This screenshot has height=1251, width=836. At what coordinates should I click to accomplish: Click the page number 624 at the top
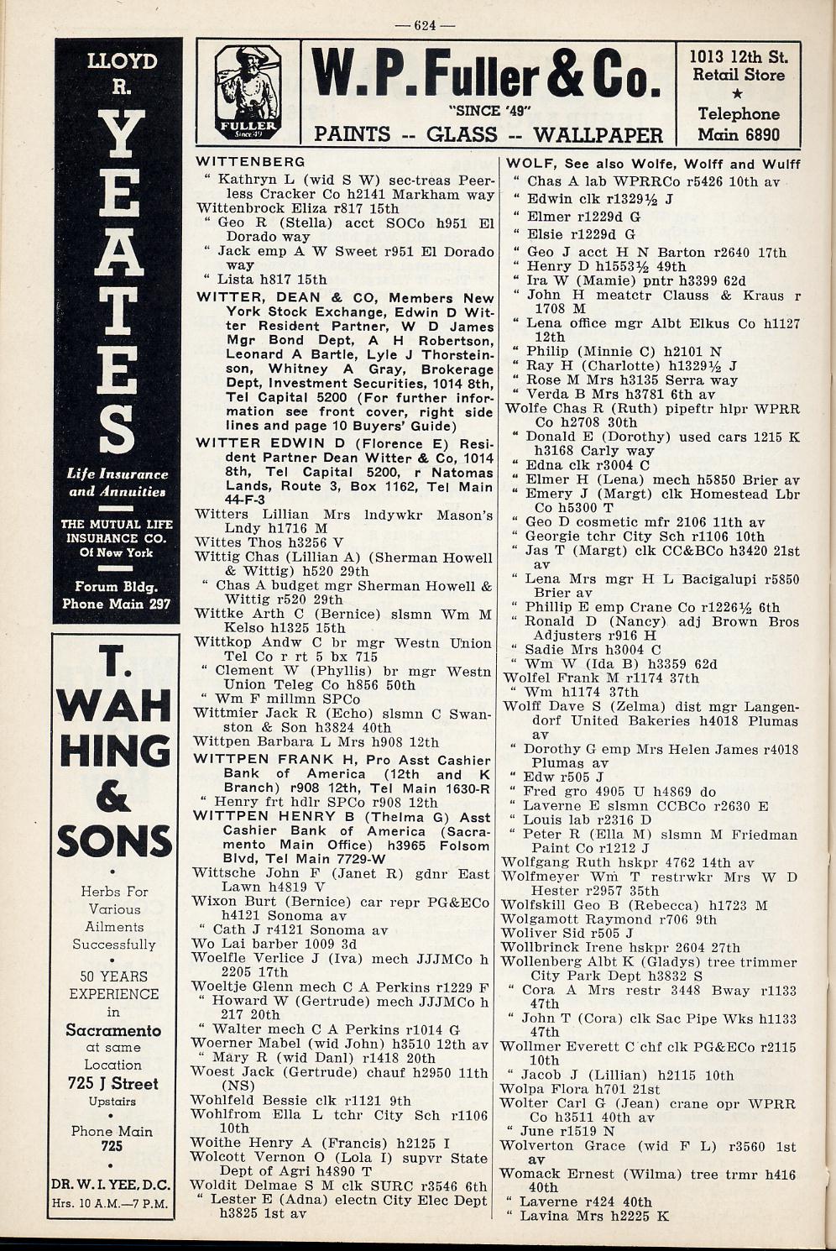(x=425, y=25)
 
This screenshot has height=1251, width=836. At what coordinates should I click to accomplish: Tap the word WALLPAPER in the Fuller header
(x=598, y=135)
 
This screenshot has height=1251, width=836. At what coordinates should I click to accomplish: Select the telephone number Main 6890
(x=739, y=134)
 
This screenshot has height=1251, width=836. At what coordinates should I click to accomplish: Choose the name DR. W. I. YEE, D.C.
(x=111, y=1186)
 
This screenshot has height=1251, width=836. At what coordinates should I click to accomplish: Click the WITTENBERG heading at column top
(x=250, y=161)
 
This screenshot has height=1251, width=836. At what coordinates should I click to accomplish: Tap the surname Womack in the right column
(x=527, y=1175)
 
